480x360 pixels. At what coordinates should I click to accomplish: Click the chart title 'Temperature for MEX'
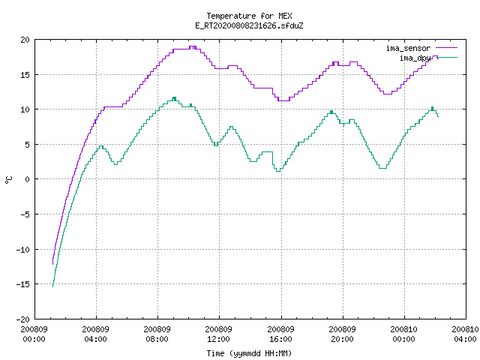tap(249, 16)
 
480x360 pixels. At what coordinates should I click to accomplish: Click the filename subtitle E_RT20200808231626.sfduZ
tap(249, 25)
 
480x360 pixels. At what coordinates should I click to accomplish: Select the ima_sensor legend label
tap(408, 48)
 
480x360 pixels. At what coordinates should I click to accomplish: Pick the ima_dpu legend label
tap(415, 58)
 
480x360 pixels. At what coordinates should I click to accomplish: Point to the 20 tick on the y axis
tap(25, 40)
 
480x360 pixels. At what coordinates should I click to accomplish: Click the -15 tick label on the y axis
tap(23, 284)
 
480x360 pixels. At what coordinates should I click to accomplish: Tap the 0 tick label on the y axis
tap(27, 179)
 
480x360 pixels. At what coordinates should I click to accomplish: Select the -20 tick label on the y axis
tap(23, 319)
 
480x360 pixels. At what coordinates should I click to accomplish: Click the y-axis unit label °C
tap(9, 180)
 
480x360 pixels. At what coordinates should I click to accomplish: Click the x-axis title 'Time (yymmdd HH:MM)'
tap(249, 353)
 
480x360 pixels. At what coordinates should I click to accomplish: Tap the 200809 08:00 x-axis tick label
tap(157, 334)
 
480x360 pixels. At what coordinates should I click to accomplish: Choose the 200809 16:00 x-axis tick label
tap(280, 334)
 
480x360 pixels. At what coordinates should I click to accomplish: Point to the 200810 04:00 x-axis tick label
tap(465, 334)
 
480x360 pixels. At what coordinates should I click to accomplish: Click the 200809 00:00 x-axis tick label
tap(34, 334)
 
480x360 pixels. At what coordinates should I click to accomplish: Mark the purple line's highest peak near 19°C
tap(193, 46)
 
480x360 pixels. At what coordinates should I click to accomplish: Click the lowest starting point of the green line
tap(53, 286)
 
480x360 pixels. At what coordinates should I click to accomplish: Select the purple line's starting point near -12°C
tap(53, 264)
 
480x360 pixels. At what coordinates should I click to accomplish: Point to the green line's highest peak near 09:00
tap(174, 97)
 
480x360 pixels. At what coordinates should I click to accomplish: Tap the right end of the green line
tap(438, 116)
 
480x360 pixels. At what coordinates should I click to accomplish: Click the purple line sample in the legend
tap(446, 48)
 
